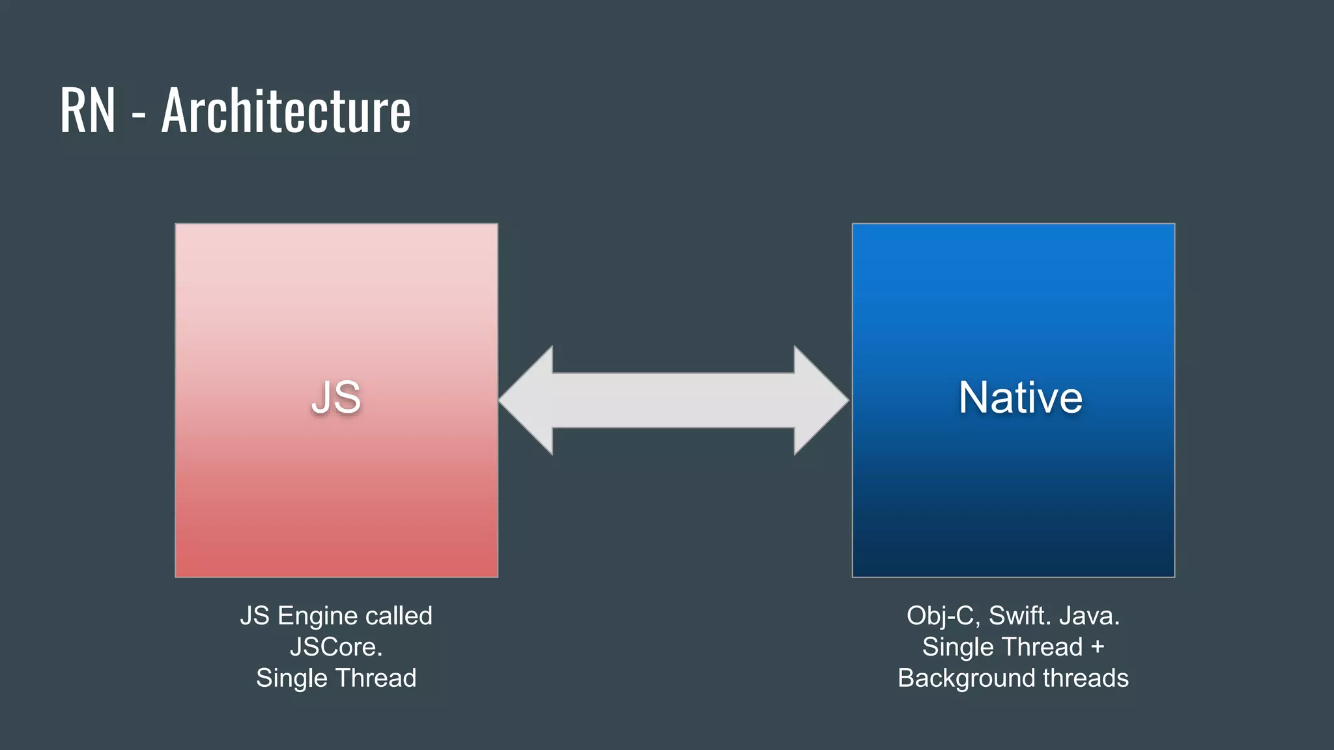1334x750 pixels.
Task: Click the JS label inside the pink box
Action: coord(336,397)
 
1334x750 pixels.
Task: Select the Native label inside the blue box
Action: coord(1020,397)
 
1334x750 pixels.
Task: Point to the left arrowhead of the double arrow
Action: coord(528,400)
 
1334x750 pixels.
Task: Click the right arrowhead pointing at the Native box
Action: coord(821,400)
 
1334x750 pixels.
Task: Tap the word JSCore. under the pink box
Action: coord(336,647)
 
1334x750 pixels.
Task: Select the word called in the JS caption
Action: coord(399,616)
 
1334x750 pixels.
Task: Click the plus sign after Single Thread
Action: coord(1098,647)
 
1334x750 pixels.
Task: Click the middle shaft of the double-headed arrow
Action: coord(674,400)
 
